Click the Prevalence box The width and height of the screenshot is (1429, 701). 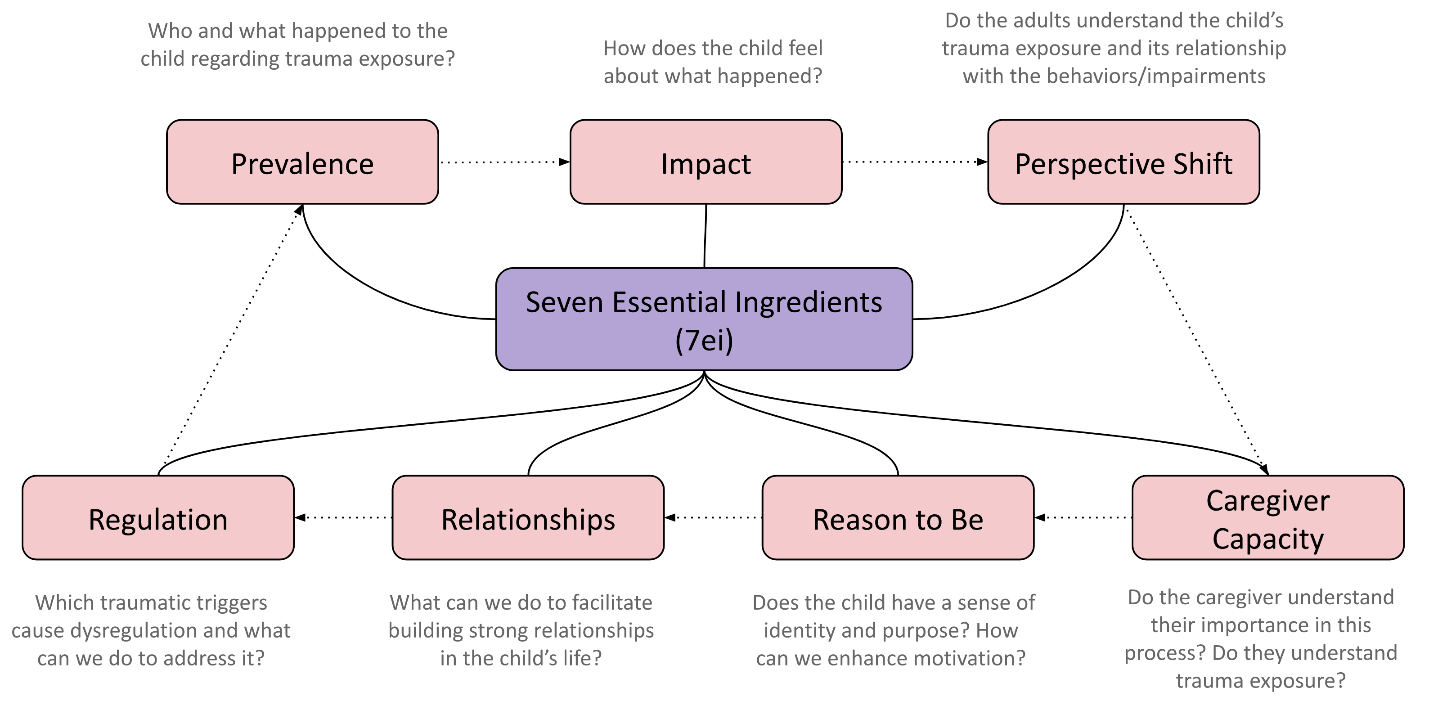[x=302, y=162]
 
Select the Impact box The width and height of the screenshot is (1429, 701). [x=706, y=162]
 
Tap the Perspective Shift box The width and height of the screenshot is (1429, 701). [x=1123, y=162]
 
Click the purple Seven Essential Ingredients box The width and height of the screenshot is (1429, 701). [x=704, y=319]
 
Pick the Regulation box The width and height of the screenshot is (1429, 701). [x=158, y=517]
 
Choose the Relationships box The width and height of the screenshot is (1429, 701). [x=528, y=517]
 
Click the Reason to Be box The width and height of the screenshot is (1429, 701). [x=898, y=517]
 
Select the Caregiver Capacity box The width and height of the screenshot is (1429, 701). [x=1267, y=517]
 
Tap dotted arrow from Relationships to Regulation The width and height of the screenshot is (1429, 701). [x=344, y=517]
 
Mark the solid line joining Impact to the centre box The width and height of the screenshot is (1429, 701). [x=705, y=236]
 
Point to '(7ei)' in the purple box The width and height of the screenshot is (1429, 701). [x=704, y=339]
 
